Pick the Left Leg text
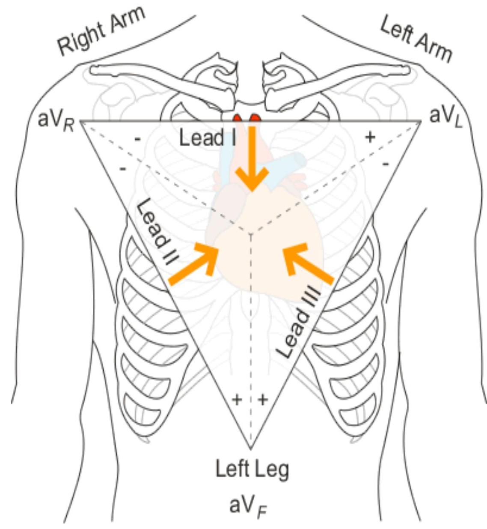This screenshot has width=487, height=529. click(x=252, y=469)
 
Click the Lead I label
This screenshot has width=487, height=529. click(x=208, y=137)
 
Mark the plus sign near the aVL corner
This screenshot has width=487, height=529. click(x=370, y=137)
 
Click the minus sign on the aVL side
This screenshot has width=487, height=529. click(x=385, y=164)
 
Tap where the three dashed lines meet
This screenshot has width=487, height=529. click(x=250, y=233)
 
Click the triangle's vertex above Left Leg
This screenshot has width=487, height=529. click(x=250, y=448)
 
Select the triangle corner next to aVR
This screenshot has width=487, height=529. click(x=81, y=122)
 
